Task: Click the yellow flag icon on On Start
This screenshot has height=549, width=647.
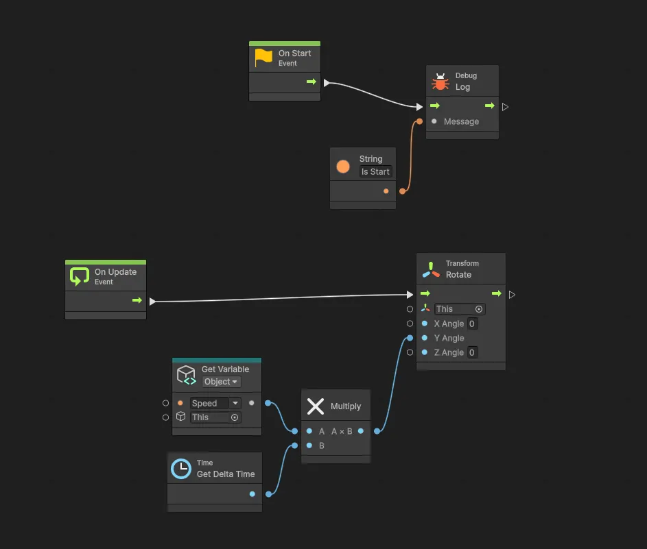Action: [x=263, y=58]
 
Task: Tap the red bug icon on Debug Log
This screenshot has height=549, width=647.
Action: [x=440, y=82]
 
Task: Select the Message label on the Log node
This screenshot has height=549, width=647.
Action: [x=461, y=122]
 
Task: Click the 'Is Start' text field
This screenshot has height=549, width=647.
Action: [x=376, y=172]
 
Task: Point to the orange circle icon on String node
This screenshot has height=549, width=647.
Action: [x=343, y=167]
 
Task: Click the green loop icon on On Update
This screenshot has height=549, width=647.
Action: [x=80, y=276]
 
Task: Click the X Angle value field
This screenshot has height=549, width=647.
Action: [x=472, y=324]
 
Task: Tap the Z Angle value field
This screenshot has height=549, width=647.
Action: [x=472, y=352]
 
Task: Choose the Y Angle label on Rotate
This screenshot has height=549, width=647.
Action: [x=449, y=338]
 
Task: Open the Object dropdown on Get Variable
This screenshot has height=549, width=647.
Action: [x=221, y=382]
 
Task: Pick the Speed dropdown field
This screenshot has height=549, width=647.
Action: [x=215, y=403]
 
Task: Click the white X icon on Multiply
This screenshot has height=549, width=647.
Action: [x=316, y=406]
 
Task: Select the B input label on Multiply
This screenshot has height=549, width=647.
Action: [x=321, y=446]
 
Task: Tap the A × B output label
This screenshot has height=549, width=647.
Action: [x=342, y=432]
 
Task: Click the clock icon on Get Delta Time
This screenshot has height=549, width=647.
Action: [x=181, y=468]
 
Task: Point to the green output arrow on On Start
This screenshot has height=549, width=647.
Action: [x=311, y=82]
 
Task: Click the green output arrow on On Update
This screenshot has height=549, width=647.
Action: [x=137, y=300]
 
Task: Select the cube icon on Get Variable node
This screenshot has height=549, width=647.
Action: [x=186, y=374]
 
